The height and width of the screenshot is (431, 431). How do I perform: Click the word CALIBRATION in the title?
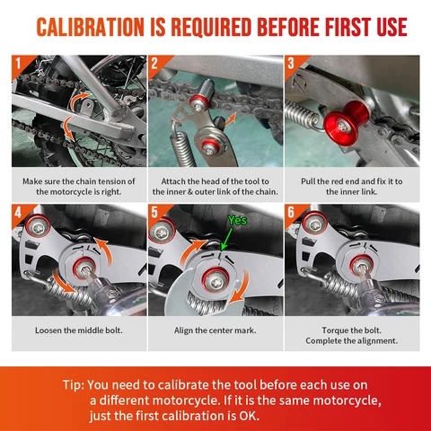90,27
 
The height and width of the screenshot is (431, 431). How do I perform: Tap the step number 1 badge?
19,64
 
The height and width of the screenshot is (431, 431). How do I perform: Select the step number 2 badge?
154,64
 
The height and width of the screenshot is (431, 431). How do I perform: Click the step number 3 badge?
291,64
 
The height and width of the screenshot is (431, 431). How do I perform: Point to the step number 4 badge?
18,213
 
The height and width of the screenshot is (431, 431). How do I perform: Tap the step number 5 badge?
154,213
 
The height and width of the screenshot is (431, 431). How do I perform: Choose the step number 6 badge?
291,213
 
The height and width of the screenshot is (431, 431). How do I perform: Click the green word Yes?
237,220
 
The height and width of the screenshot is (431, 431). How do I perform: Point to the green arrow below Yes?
227,239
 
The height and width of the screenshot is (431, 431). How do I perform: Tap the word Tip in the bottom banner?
72,385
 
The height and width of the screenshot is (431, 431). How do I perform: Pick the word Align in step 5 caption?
183,330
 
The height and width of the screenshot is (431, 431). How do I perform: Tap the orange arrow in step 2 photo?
229,119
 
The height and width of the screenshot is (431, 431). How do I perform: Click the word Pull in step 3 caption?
308,181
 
